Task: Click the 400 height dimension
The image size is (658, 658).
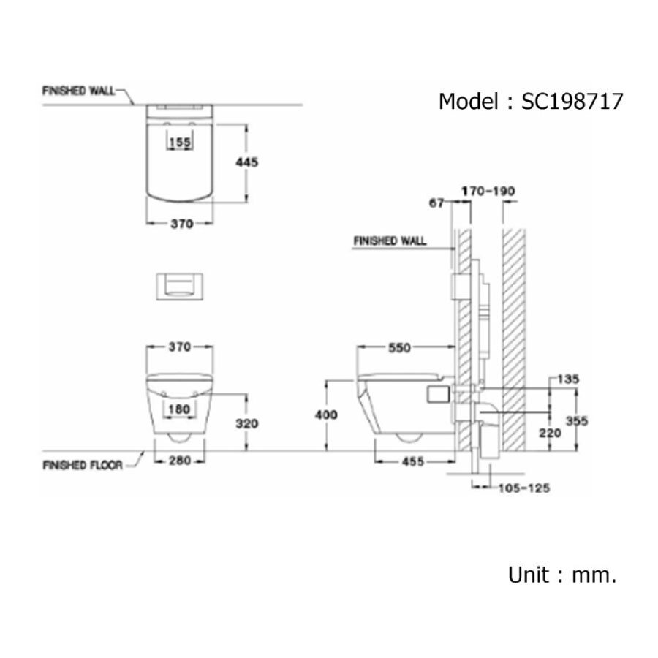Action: click(327, 415)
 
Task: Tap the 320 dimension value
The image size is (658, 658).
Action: click(248, 423)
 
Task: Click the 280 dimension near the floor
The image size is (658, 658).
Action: click(179, 461)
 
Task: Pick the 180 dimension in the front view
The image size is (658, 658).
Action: click(179, 409)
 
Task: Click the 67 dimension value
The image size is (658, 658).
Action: click(436, 204)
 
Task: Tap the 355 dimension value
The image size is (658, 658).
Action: click(577, 421)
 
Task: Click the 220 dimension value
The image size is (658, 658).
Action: click(551, 433)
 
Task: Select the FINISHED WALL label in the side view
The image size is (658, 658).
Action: click(390, 241)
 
